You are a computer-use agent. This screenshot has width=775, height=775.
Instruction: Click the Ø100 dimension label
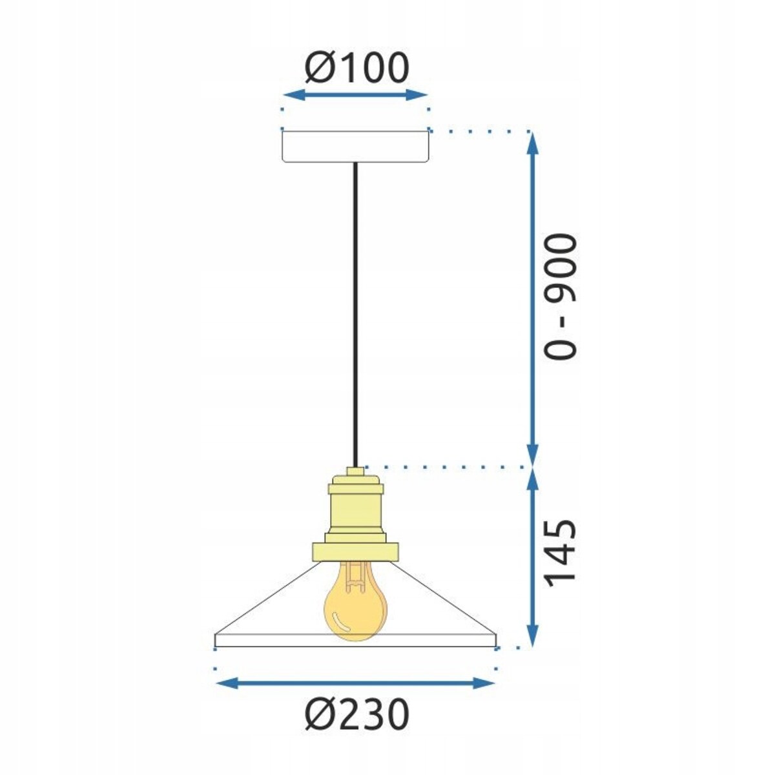click(356, 67)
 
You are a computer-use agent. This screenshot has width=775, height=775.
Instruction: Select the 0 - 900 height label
click(559, 296)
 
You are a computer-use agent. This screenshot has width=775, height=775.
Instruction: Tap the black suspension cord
click(355, 310)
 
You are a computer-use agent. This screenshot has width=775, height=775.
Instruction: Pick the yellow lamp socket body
click(356, 510)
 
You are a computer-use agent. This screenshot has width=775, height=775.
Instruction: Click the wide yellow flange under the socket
click(356, 551)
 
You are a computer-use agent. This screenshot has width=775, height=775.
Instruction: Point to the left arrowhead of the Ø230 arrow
click(223, 683)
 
